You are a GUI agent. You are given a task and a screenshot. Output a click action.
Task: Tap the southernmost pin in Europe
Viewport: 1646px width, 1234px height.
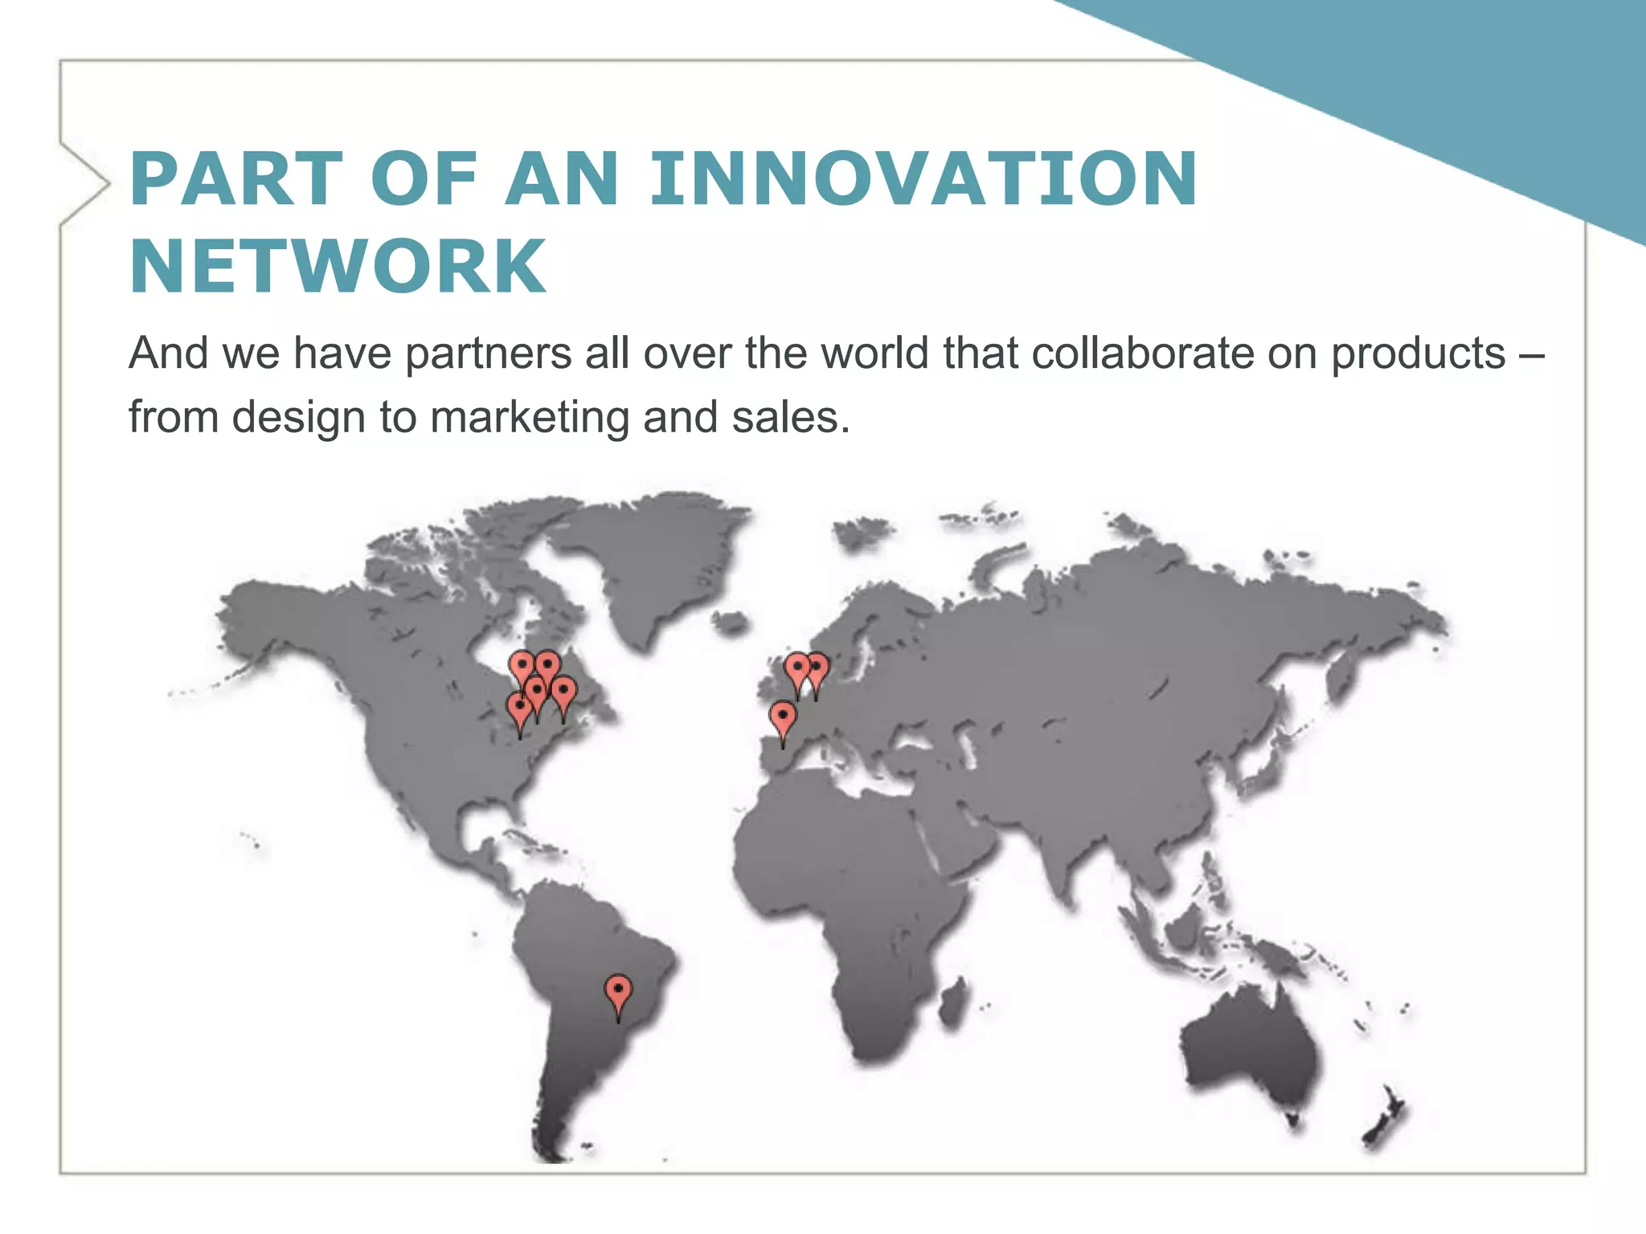pyautogui.click(x=783, y=717)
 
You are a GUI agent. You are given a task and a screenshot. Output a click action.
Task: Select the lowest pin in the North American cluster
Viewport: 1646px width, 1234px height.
pyautogui.click(x=520, y=709)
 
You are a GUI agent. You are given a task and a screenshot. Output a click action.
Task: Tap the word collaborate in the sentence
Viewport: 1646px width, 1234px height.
pyautogui.click(x=1142, y=353)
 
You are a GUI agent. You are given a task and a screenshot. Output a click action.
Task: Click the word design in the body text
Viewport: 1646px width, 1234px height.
pyautogui.click(x=299, y=418)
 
